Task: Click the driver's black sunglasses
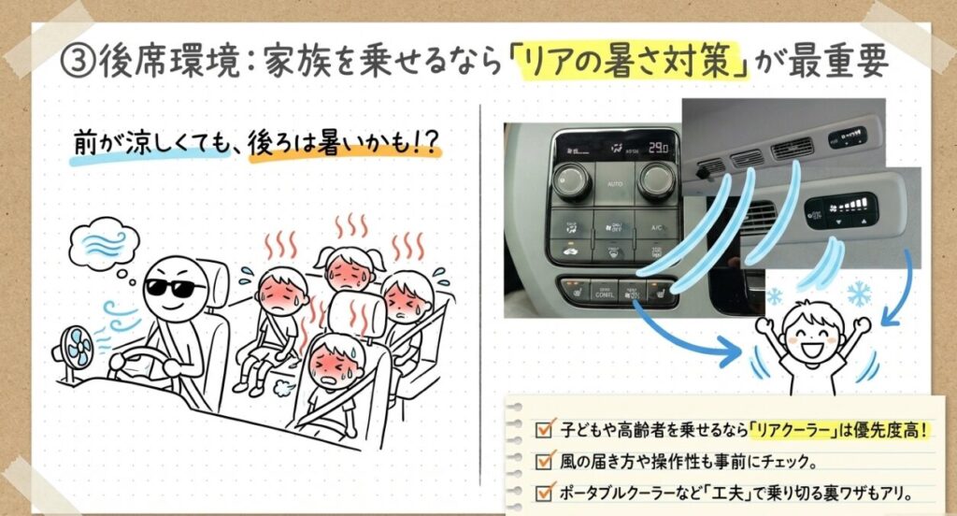coord(175,288)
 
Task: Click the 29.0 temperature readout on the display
coord(657,148)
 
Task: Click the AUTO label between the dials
coord(615,183)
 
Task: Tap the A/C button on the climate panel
coord(656,227)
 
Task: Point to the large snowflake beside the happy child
coord(860,294)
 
